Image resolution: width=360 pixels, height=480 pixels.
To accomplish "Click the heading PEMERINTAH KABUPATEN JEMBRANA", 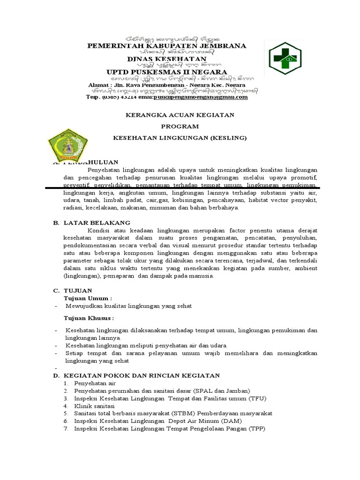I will pos(167,45).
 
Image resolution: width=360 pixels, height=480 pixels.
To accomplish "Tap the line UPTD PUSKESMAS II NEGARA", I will pos(167,72).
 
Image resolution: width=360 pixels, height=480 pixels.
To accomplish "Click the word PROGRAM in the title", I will pos(180,126).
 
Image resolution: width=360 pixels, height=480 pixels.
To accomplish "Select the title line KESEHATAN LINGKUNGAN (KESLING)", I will pos(180,138).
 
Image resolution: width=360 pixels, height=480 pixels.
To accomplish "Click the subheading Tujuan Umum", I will pos(88,298).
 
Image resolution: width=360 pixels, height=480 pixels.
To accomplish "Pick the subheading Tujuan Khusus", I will pos(89,318).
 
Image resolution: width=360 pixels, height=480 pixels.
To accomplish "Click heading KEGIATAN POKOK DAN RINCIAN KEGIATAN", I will pos(142,375).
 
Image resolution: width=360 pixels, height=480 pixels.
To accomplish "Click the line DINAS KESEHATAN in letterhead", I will pos(167,59).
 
